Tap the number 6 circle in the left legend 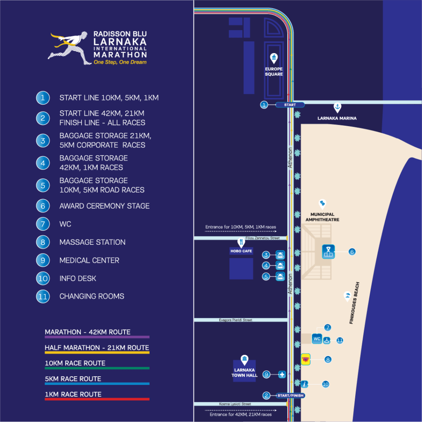point(43,206)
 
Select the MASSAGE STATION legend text point(92,242)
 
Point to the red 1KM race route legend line point(97,399)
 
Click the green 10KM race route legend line point(97,368)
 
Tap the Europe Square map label point(274,72)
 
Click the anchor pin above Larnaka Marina point(337,108)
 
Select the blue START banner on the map point(290,105)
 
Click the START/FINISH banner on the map point(291,395)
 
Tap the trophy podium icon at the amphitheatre point(328,252)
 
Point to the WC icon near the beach point(317,339)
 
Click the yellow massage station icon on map point(305,359)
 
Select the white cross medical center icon point(282,374)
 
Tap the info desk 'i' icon point(305,384)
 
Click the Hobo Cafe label point(241,251)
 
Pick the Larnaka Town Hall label point(244,373)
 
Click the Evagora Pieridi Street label point(235,320)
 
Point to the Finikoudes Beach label point(354,303)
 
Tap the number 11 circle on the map point(340,340)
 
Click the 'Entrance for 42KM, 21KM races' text point(241,415)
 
